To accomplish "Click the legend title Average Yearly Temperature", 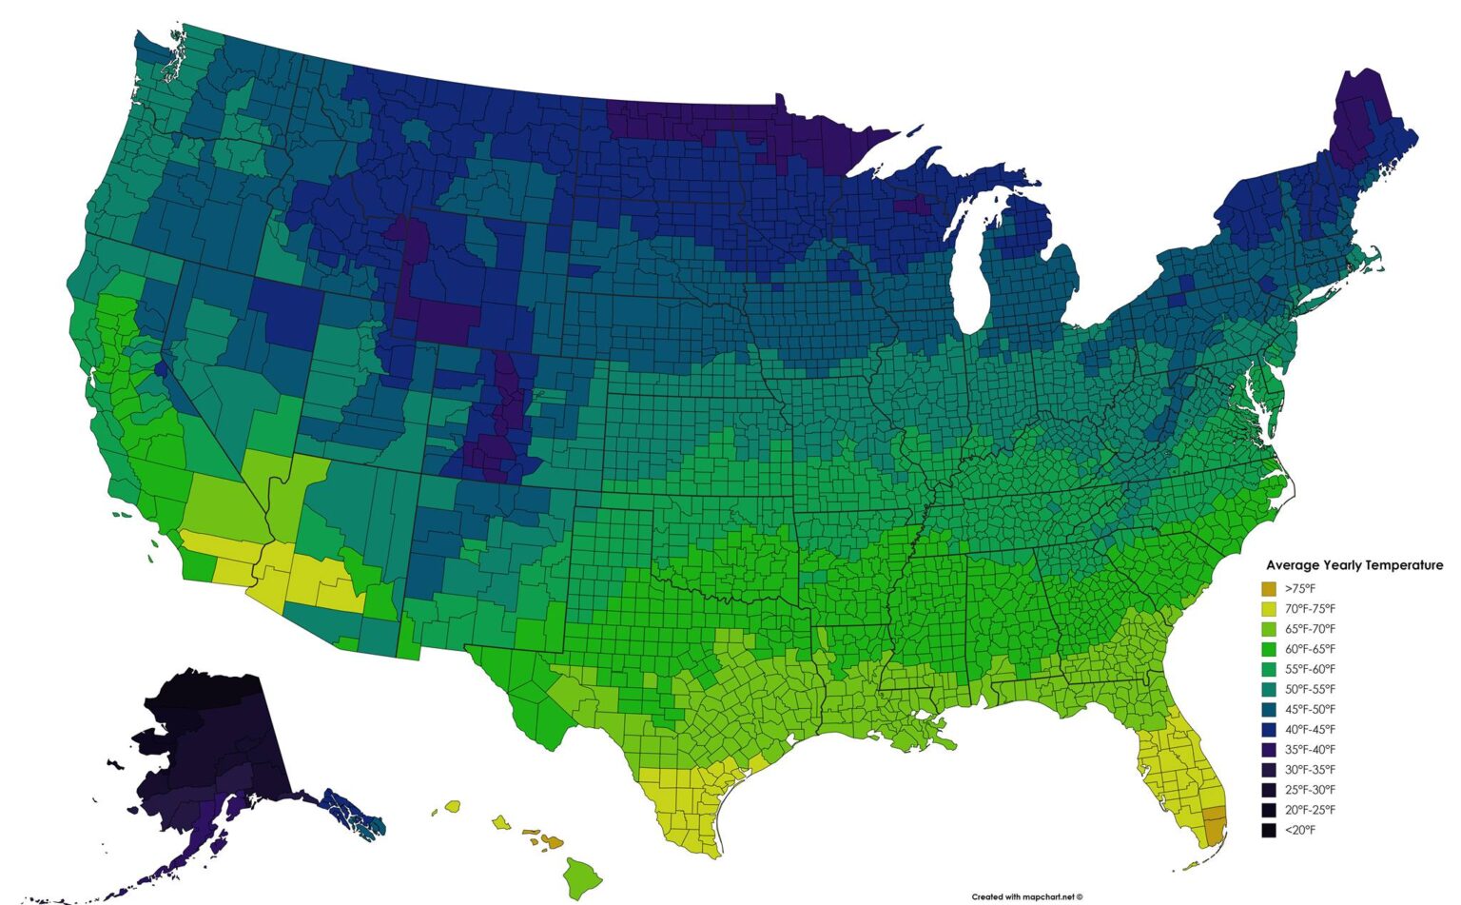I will point(1354,565).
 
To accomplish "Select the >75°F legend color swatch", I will point(1269,589).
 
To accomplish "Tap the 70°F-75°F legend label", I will point(1310,609).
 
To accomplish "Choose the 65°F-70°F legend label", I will point(1310,629).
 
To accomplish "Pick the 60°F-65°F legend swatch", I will point(1269,649).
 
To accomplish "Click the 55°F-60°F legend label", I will point(1310,669).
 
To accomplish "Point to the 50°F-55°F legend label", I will point(1310,689).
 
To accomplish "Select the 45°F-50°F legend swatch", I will point(1269,710).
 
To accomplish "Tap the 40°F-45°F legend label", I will point(1310,730).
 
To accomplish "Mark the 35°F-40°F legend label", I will point(1310,750).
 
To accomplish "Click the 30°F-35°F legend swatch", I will point(1269,770).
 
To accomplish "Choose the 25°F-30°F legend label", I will point(1310,790).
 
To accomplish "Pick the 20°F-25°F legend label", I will point(1310,810).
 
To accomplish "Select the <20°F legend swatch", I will point(1269,831).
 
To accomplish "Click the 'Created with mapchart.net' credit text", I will point(1026,896).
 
